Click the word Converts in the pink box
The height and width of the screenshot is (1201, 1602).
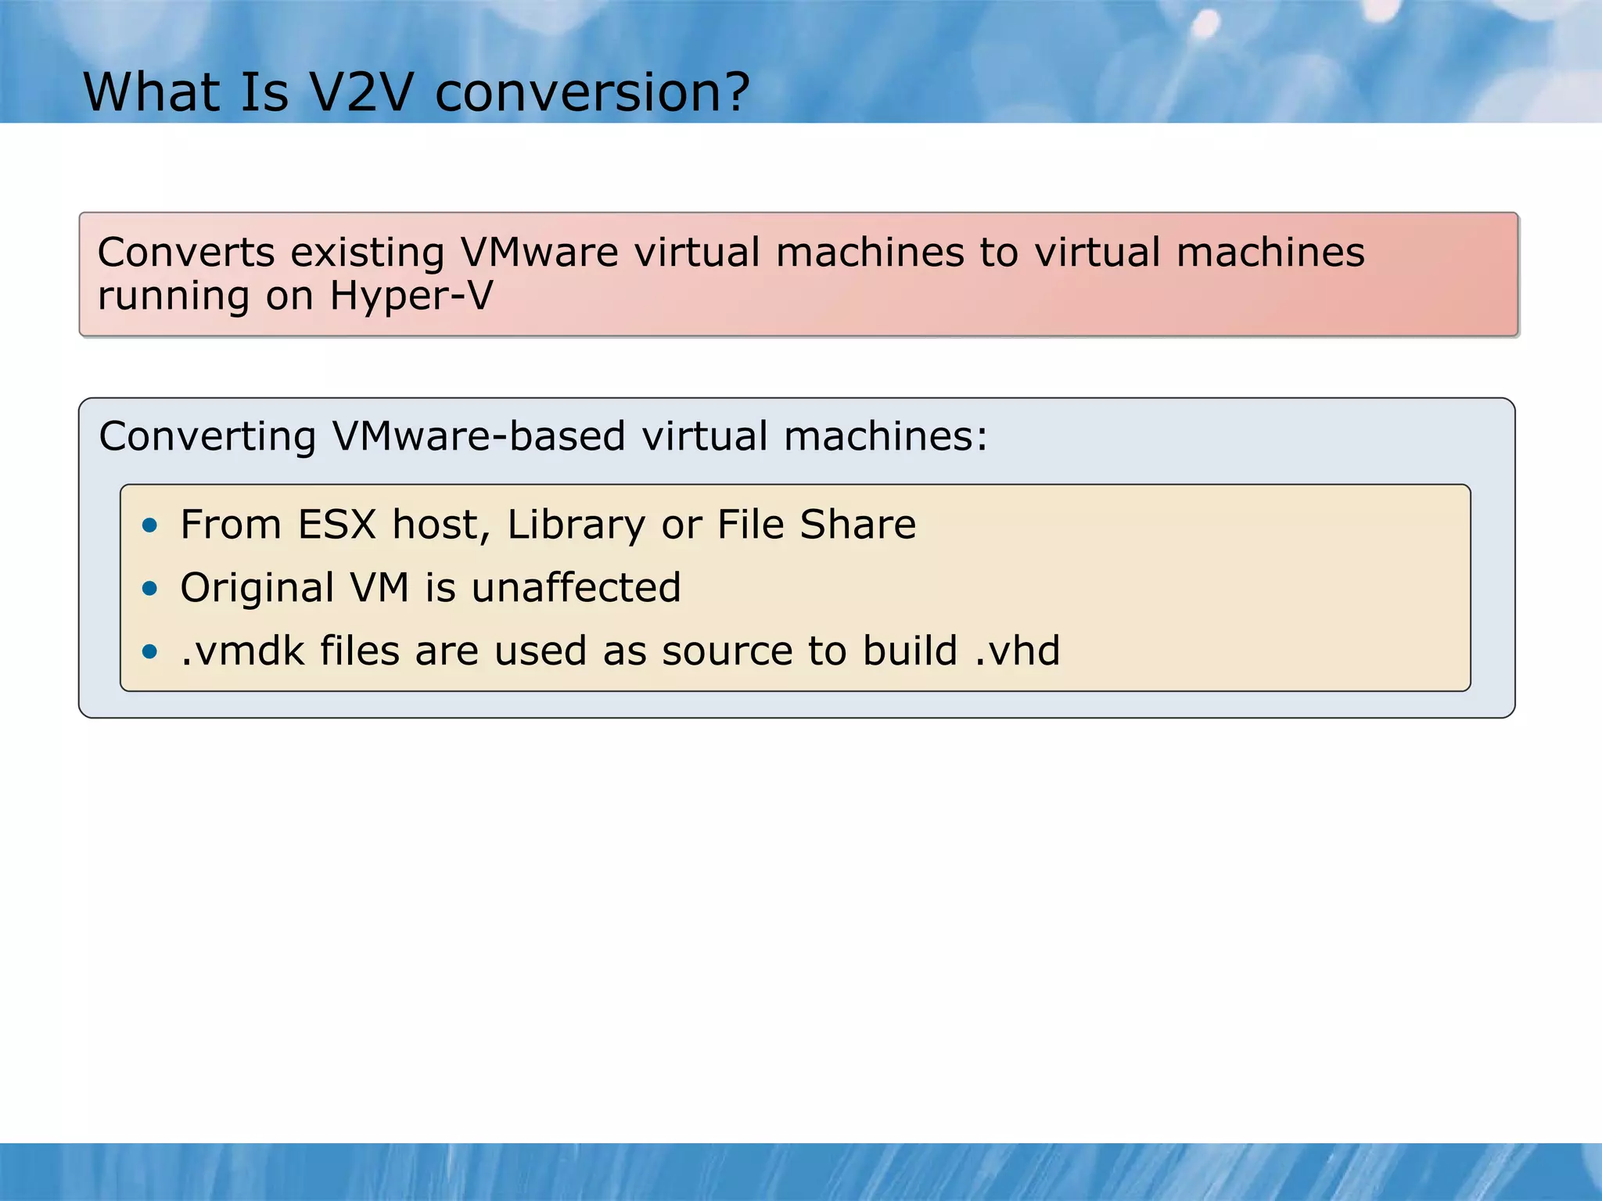pyautogui.click(x=186, y=253)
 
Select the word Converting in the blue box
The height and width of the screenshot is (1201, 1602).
pyautogui.click(x=207, y=436)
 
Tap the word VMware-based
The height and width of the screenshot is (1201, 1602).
pyautogui.click(x=479, y=436)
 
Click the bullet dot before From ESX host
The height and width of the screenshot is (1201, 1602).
pyautogui.click(x=150, y=525)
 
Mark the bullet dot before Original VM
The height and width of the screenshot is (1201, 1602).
pyautogui.click(x=150, y=588)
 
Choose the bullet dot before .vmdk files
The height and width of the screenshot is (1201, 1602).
pyautogui.click(x=150, y=651)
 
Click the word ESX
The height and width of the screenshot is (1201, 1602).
pyautogui.click(x=337, y=524)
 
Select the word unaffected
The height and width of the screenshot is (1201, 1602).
pyautogui.click(x=577, y=587)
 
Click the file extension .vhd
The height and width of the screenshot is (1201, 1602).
pyautogui.click(x=1017, y=651)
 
